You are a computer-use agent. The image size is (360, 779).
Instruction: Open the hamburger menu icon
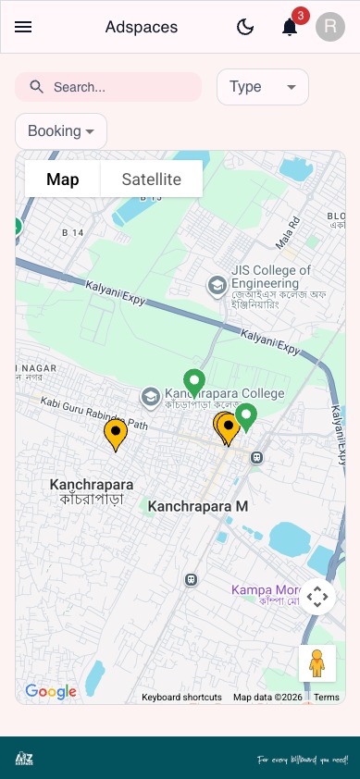(x=23, y=27)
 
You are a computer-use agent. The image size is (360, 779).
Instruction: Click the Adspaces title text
(x=142, y=27)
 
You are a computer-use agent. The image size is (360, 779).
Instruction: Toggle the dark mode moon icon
(x=245, y=27)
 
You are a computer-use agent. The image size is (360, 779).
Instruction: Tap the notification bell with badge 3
(x=290, y=27)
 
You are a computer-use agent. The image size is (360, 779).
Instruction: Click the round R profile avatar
(x=330, y=27)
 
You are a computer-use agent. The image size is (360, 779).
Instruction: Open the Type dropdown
(x=262, y=87)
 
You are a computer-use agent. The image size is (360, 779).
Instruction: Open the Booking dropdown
(x=61, y=131)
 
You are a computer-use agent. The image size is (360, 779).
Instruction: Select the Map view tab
(x=62, y=179)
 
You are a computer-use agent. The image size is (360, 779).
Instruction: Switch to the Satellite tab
(x=152, y=179)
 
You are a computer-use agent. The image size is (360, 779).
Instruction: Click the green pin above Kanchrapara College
(x=193, y=380)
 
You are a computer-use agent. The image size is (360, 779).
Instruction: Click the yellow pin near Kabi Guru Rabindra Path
(x=115, y=432)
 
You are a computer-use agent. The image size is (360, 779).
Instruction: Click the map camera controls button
(x=317, y=597)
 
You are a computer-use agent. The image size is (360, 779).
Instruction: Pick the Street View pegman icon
(x=317, y=663)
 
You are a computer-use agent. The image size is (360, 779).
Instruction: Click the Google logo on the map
(x=51, y=691)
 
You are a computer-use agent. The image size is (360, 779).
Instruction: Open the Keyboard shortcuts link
(x=181, y=698)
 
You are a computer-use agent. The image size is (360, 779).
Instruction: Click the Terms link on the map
(x=327, y=698)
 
